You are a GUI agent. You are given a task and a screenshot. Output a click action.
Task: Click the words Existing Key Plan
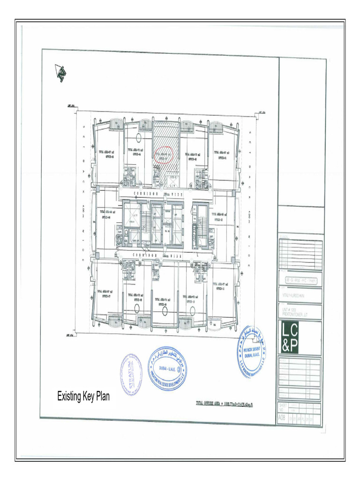coord(83,397)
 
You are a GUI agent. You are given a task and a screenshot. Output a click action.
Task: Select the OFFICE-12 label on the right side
coord(220,219)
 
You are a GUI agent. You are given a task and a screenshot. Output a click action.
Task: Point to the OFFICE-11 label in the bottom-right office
coord(222,289)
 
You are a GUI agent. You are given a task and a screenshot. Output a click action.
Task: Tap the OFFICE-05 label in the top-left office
coord(107,157)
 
